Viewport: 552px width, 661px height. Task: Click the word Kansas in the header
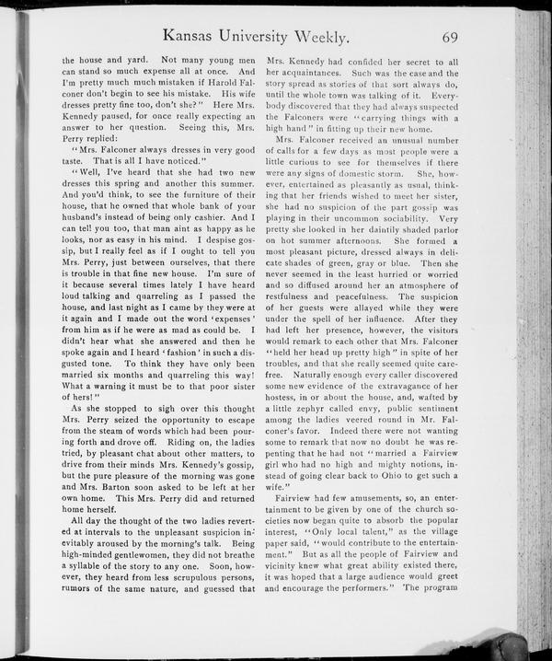tap(189, 38)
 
